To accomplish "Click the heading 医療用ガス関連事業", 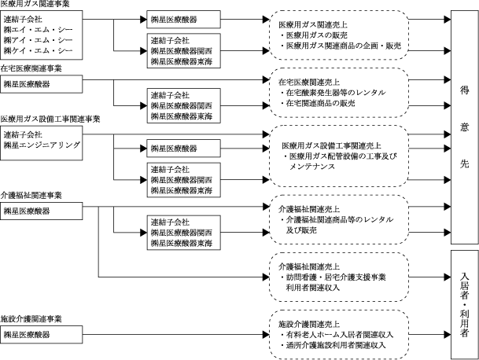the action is [x=35, y=4].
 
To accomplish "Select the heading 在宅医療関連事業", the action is [x=31, y=68].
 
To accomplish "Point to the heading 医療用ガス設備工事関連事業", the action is [x=50, y=119].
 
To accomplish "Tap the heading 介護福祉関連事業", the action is [x=31, y=196].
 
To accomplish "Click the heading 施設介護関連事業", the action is [x=31, y=319].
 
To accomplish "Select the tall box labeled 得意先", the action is [x=465, y=127].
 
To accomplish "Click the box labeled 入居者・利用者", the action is [x=465, y=305].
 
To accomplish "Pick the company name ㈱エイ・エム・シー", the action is [x=39, y=30].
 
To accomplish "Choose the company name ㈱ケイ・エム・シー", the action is [x=39, y=50].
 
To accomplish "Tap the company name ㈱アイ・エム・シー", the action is [x=39, y=40].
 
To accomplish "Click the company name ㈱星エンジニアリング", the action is [x=42, y=145].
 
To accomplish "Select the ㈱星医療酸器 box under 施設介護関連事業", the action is [x=41, y=334].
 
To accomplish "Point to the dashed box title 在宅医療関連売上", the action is [x=309, y=82].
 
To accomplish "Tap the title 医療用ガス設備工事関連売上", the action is [x=331, y=145].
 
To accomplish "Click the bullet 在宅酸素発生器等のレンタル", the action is [x=333, y=93].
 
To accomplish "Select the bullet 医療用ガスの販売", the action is [x=314, y=35].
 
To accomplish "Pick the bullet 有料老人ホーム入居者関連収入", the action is [x=337, y=335].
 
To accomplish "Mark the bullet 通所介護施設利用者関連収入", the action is [x=333, y=345].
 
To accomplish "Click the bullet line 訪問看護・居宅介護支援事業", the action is [x=333, y=277].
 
